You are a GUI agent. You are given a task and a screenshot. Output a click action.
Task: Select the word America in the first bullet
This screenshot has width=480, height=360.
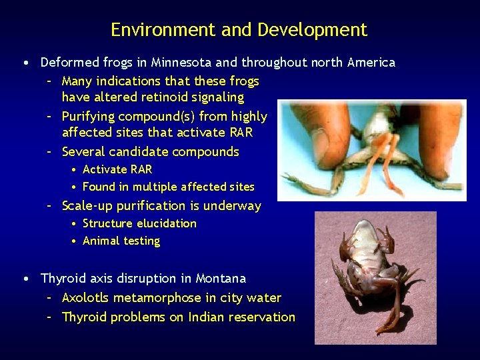(x=371, y=63)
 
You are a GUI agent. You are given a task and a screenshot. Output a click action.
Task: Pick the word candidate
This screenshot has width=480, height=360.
(x=141, y=152)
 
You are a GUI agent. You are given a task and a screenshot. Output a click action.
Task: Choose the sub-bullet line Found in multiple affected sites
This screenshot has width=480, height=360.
(x=168, y=187)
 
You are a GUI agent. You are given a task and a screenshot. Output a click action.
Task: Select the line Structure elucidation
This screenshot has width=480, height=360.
(x=139, y=223)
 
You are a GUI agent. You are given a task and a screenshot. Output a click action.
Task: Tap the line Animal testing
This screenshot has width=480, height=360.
(x=121, y=241)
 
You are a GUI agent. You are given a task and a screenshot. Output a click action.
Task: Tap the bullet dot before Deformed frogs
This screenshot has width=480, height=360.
(x=25, y=63)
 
